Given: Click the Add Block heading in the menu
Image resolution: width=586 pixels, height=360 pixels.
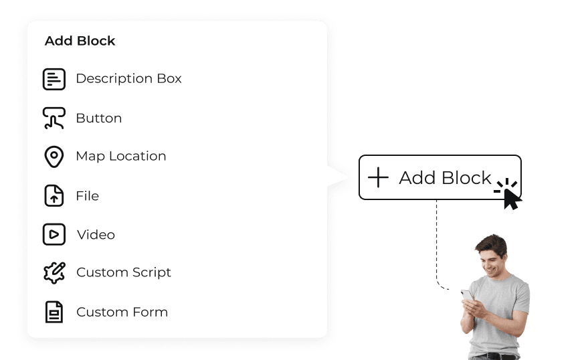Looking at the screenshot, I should click(80, 41).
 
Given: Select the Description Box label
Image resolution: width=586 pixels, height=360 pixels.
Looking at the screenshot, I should click(128, 78).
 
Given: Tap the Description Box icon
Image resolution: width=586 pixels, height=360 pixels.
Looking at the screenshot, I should click(54, 79).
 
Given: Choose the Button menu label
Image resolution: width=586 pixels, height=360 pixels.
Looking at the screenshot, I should click(98, 118).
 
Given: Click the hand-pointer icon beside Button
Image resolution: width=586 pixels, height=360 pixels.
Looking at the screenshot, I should click(54, 118).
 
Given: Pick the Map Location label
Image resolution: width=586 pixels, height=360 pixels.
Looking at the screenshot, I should click(120, 156).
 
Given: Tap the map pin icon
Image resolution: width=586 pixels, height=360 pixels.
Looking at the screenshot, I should click(54, 157).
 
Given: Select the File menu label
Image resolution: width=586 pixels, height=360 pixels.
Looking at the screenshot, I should click(87, 195).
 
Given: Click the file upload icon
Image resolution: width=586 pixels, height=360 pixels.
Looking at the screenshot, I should click(54, 196).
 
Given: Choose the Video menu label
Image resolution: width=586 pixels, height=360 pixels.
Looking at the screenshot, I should click(96, 235).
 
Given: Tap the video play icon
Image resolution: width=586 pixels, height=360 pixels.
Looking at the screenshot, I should click(54, 234).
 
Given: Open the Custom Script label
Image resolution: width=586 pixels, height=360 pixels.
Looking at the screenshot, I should click(124, 272).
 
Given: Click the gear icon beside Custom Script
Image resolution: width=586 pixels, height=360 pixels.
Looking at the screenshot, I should click(54, 272).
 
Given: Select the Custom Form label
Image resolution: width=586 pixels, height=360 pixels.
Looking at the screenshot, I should click(122, 312).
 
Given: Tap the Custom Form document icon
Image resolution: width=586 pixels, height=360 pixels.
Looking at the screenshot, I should click(54, 312).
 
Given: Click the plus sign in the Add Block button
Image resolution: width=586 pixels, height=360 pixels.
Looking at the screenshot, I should click(378, 177).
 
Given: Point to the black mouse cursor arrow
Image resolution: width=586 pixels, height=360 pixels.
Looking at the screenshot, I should click(511, 198).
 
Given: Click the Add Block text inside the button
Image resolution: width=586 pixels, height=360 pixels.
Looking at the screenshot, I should click(445, 178).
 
